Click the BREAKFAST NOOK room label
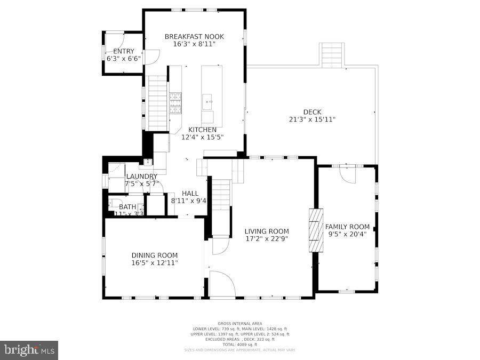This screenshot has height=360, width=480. point(194,37)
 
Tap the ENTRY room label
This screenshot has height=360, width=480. point(123,51)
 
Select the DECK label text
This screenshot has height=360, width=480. point(312,112)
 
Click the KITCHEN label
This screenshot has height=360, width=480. point(202,130)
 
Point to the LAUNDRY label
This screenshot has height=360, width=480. point(141,177)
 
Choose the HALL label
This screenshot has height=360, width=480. point(190,194)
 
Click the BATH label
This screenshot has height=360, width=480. point(127,207)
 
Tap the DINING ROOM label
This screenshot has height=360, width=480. point(155,255)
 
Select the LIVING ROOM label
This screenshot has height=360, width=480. point(267,231)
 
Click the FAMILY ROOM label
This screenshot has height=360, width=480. point(347,227)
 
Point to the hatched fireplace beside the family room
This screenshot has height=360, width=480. point(316,230)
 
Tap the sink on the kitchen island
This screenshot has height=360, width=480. point(208,100)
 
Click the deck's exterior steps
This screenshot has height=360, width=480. point(331,55)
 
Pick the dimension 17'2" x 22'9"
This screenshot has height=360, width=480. point(267,239)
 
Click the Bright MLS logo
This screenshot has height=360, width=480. point(30,350)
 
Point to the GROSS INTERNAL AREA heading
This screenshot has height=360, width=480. point(239,324)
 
